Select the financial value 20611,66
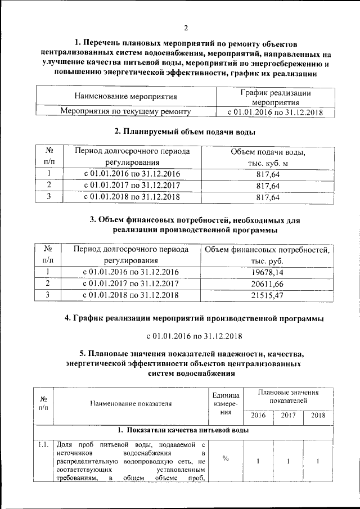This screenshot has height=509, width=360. coord(268,283)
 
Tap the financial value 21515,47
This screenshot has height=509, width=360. coord(268,295)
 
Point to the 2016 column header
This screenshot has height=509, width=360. coord(258,416)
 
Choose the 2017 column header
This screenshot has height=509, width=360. coord(287,416)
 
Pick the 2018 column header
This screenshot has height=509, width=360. coord(318,416)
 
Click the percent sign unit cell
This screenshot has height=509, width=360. coord(225,459)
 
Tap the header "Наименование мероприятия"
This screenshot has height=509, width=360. coord(125,97)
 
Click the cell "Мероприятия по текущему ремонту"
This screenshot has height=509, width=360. coord(125,111)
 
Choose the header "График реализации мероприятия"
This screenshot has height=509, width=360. coord(275,97)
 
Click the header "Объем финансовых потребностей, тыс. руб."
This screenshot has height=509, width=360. coord(268,255)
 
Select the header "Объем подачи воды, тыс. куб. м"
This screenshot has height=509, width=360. coord(268,157)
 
